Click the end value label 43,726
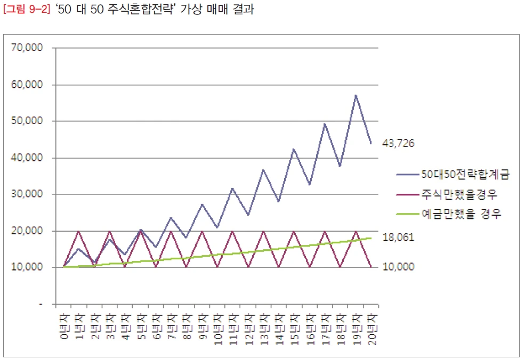(x=398, y=143)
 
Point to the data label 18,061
(x=398, y=238)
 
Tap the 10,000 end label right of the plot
(x=398, y=266)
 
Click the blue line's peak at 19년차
(x=356, y=95)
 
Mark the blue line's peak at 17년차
(x=325, y=124)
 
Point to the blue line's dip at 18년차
(x=340, y=166)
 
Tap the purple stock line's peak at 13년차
(x=263, y=231)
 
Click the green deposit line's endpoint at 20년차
(x=371, y=238)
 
